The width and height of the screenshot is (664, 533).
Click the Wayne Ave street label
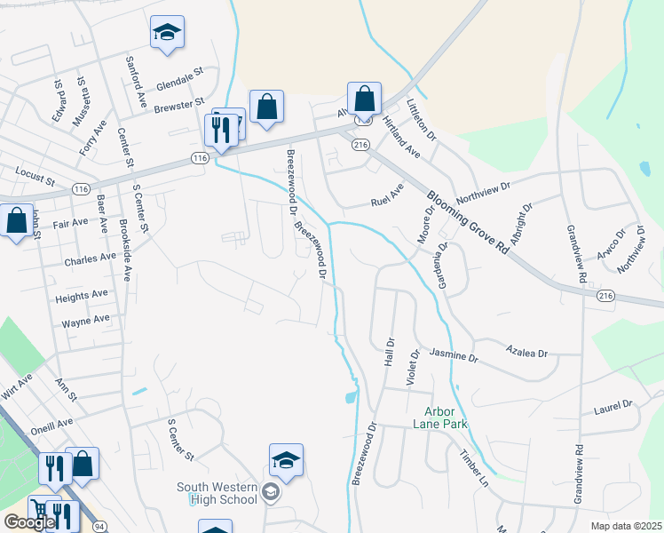tap(85, 319)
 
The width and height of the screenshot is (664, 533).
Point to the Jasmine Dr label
tap(454, 356)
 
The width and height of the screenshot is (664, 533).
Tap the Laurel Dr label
tap(613, 407)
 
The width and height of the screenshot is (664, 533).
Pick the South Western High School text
tap(217, 493)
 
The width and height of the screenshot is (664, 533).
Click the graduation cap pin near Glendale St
tap(167, 34)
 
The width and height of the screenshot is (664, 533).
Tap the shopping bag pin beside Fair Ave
tap(17, 222)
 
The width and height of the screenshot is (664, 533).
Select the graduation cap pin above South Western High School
tap(286, 461)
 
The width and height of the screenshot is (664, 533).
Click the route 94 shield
tap(99, 527)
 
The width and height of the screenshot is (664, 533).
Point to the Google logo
tap(29, 522)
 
